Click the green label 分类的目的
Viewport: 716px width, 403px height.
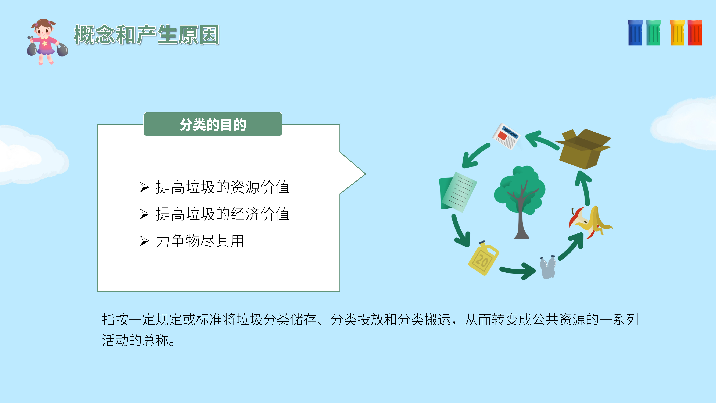pyautogui.click(x=213, y=124)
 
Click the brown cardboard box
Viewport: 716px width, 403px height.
pyautogui.click(x=584, y=149)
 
